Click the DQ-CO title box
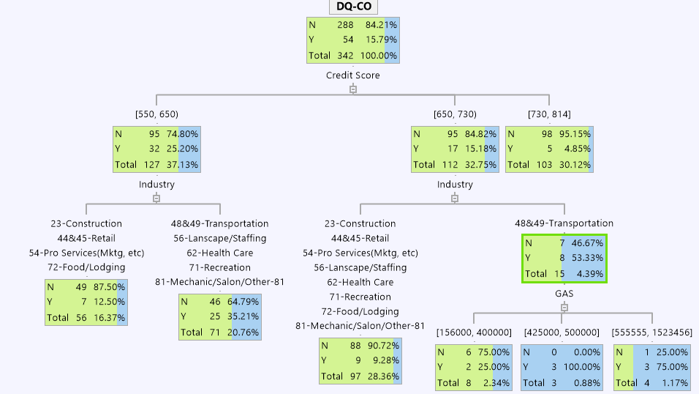pos(352,7)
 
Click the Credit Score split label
pos(352,75)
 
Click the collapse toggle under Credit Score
pos(353,89)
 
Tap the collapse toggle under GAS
pos(564,308)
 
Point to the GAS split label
pos(563,293)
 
